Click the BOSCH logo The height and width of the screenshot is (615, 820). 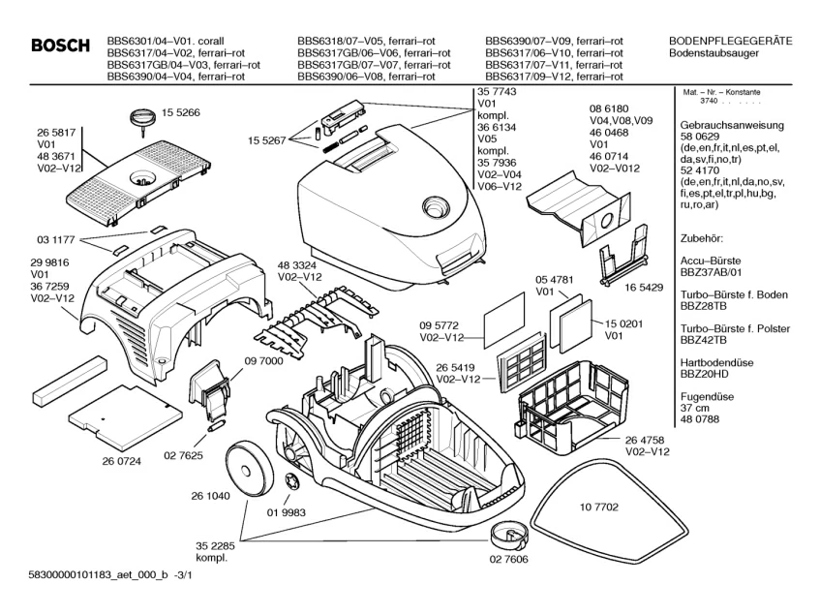[x=60, y=46]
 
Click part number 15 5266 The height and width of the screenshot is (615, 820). [x=180, y=112]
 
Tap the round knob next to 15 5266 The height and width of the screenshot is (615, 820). [x=142, y=120]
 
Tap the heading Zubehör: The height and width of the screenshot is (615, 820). [x=703, y=237]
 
